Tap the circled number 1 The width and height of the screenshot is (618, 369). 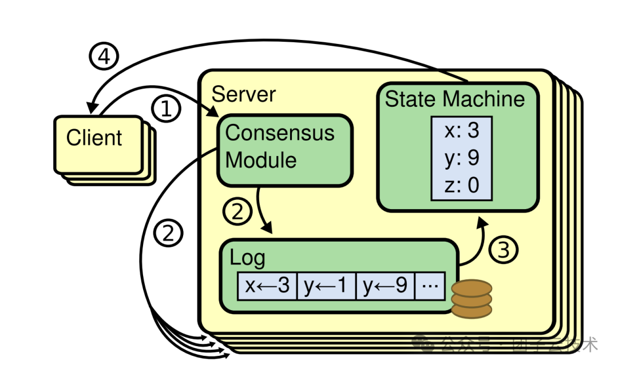pyautogui.click(x=166, y=109)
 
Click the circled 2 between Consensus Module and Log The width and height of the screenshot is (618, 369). pyautogui.click(x=237, y=212)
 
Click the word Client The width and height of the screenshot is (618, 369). pyautogui.click(x=94, y=138)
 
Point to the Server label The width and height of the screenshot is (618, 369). pyautogui.click(x=244, y=94)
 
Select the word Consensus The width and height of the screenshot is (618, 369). pyautogui.click(x=280, y=133)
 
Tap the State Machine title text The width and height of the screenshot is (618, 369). pyautogui.click(x=455, y=99)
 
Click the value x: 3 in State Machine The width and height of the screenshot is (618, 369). pyautogui.click(x=461, y=131)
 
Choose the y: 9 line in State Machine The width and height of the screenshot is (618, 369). pyautogui.click(x=461, y=158)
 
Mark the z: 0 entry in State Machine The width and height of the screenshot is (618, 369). pyautogui.click(x=461, y=185)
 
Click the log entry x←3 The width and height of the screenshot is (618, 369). pyautogui.click(x=267, y=286)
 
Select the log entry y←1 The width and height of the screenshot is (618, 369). pyautogui.click(x=326, y=286)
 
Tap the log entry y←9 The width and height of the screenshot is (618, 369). pyautogui.click(x=385, y=286)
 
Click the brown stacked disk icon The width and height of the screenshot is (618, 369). pyautogui.click(x=472, y=298)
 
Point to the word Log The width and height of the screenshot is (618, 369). pyautogui.click(x=247, y=258)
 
